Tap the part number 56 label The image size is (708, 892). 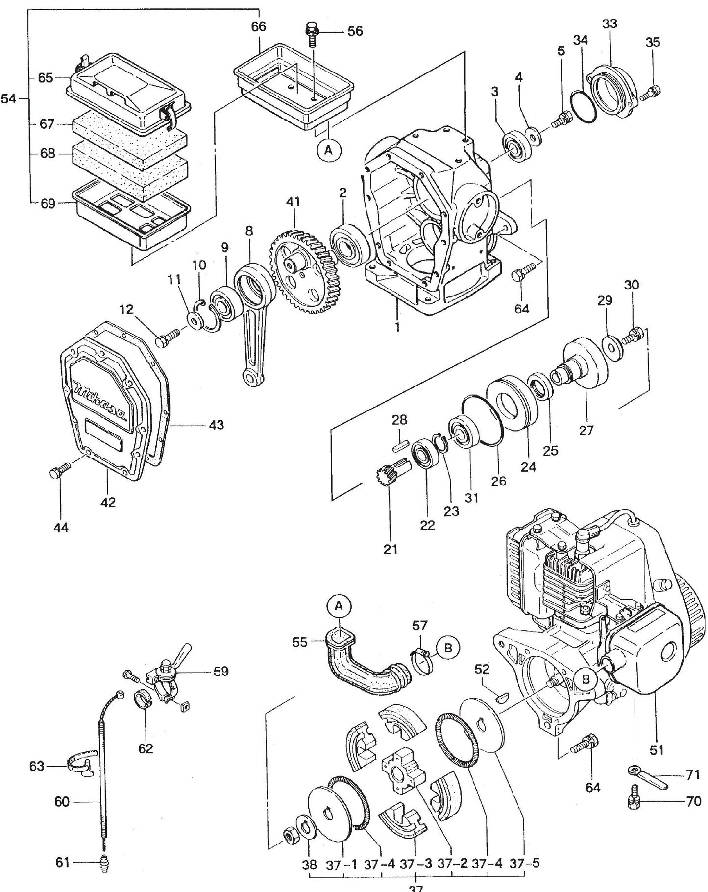coord(355,31)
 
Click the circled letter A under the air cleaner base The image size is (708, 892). coord(329,151)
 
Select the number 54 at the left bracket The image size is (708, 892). coord(9,99)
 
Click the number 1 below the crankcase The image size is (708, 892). coord(397,327)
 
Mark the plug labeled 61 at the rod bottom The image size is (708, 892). coord(104,874)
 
